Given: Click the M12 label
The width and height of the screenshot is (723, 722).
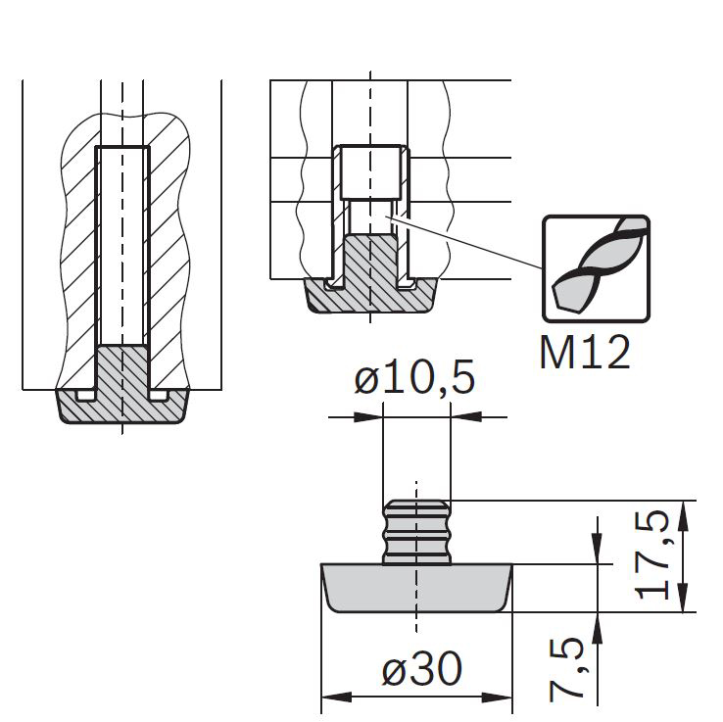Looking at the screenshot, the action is pos(584,353).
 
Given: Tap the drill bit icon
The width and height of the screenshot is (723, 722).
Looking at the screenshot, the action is pos(597,268).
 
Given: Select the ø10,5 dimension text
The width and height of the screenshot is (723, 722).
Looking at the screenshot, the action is pos(414,378).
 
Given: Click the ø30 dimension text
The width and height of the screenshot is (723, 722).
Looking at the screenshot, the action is pos(421,668).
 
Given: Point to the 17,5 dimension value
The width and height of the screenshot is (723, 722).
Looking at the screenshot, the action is pos(652,554).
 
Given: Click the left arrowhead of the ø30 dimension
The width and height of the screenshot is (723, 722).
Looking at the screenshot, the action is pos(337,697).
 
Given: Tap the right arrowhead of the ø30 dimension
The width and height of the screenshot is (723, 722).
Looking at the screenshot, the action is pos(497,697).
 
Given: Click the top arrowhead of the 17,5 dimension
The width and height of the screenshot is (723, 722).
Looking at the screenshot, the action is pos(683,515).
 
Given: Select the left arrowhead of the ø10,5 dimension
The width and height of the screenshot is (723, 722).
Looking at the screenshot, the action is pos(368,417).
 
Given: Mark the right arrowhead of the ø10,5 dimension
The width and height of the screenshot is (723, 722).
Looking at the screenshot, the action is pos(465,417).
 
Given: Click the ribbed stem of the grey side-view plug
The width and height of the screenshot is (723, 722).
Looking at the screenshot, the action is pos(416,532).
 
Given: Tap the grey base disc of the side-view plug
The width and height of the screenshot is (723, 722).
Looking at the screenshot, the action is pos(416,588).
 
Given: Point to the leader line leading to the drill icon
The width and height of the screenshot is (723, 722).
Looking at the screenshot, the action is pos(466,243).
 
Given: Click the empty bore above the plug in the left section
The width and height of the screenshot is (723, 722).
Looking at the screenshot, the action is pos(122,246).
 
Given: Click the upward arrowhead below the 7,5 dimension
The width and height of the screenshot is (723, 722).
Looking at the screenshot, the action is pos(598,628).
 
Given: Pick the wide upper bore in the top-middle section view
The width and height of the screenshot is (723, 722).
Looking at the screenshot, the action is pos(370,172).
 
